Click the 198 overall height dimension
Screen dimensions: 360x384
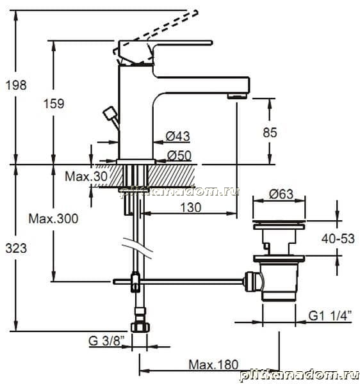click(x=16, y=85)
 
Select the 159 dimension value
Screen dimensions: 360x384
click(x=54, y=103)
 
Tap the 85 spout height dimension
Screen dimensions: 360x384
click(x=270, y=132)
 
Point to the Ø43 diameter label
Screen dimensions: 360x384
click(x=178, y=136)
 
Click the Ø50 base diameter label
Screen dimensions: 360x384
click(x=179, y=156)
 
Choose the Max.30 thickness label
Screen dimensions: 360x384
click(x=86, y=176)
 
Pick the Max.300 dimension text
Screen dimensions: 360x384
click(x=53, y=218)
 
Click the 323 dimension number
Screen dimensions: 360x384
click(x=16, y=248)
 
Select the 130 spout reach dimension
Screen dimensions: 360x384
click(x=191, y=207)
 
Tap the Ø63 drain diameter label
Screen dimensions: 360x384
click(x=281, y=194)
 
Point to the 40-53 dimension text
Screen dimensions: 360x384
click(x=338, y=239)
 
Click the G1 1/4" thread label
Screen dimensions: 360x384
click(x=331, y=316)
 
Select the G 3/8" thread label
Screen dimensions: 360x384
click(x=106, y=340)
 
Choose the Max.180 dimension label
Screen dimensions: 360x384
click(x=213, y=365)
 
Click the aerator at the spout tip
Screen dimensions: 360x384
click(x=237, y=96)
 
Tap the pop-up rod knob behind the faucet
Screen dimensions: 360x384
click(x=110, y=113)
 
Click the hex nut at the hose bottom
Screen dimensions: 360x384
click(x=140, y=327)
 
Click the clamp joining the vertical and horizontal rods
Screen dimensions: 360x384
click(x=135, y=282)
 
